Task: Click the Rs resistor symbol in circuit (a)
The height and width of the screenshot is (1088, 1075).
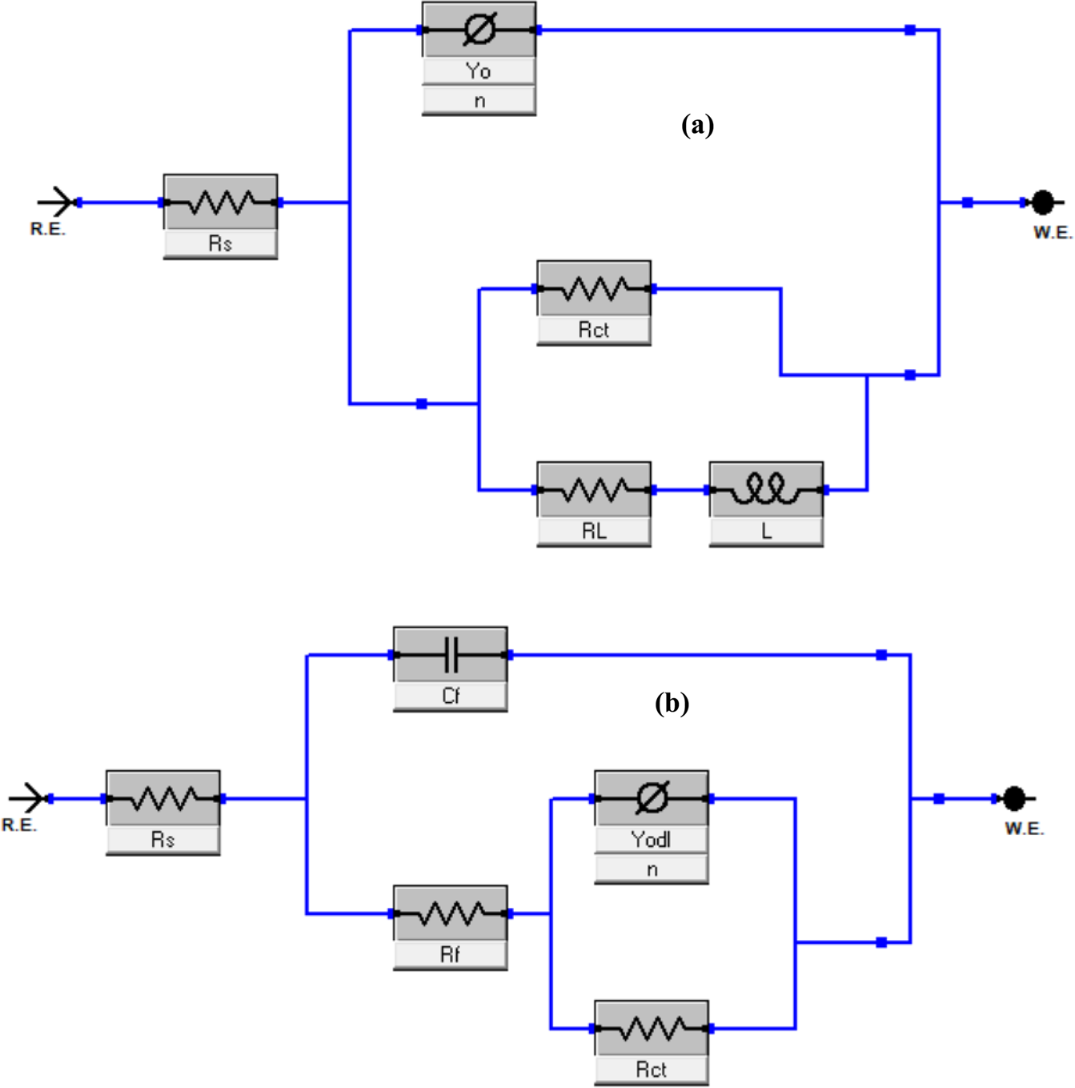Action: [x=220, y=203]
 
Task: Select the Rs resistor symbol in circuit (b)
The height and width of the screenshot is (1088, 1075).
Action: [x=162, y=798]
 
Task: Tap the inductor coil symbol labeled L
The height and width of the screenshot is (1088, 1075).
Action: [x=766, y=489]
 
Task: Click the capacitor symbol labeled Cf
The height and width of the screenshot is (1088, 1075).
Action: [x=450, y=655]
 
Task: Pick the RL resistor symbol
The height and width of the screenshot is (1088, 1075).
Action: [x=593, y=489]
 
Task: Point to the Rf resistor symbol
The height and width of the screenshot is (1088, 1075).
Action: [x=450, y=913]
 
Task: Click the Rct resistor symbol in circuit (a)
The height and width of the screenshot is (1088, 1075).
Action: [x=593, y=288]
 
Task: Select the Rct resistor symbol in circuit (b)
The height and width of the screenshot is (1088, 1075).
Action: [x=651, y=1028]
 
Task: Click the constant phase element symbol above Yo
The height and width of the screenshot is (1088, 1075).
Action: [x=479, y=30]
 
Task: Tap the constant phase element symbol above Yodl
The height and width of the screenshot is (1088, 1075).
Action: [x=651, y=798]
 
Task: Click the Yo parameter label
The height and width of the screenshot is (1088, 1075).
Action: [x=479, y=71]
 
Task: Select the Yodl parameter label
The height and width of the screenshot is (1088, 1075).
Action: [x=651, y=840]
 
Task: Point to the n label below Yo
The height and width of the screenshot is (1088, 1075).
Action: [x=479, y=101]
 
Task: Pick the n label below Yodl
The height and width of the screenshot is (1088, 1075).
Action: [x=651, y=869]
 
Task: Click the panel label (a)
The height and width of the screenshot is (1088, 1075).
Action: [x=697, y=125]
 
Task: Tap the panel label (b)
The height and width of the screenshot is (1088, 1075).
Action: [x=672, y=703]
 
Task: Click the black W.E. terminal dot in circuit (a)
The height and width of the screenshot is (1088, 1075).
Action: [x=1042, y=203]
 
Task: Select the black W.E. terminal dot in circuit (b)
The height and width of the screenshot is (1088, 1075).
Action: [x=1014, y=798]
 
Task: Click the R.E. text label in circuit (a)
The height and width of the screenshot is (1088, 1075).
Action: [x=48, y=230]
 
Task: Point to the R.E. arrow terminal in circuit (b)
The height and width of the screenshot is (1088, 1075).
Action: [x=30, y=798]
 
